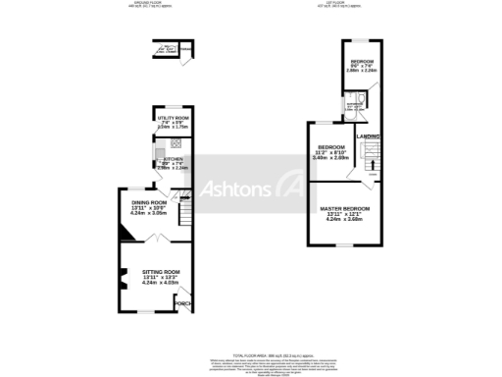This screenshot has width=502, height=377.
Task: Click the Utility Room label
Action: click(173, 118)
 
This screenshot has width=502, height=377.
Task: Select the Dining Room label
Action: click(150, 202)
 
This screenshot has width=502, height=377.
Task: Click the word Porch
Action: click(182, 304)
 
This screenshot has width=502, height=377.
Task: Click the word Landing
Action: click(369, 136)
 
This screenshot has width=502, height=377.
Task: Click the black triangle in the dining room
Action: click(125, 233)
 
